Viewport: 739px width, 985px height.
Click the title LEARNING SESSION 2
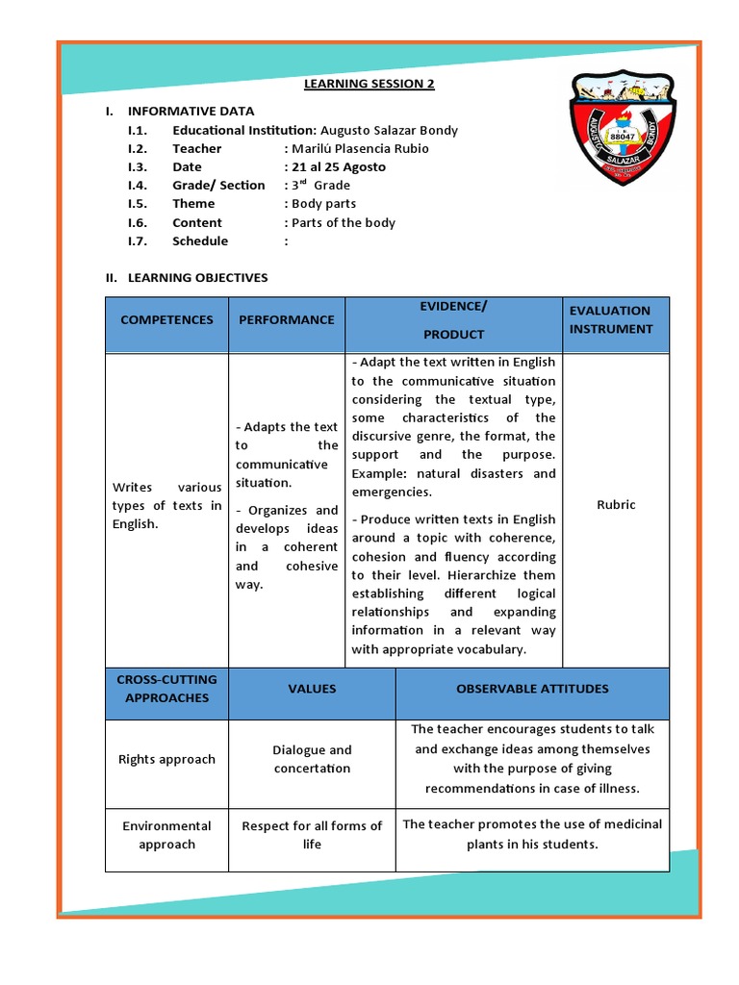pos(369,84)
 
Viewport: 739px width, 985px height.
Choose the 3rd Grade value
pos(320,185)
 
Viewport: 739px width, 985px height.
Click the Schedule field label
pos(200,240)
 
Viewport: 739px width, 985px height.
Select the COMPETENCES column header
pos(166,319)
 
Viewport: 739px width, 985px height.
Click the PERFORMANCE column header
pos(287,319)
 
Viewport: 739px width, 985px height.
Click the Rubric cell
pos(616,505)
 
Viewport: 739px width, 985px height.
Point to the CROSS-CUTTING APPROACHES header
pos(166,689)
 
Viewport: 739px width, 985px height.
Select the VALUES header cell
pos(312,689)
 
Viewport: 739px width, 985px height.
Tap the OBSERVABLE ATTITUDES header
pos(532,689)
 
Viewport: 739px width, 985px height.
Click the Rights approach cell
pos(166,759)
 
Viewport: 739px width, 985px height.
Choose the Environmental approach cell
pos(166,835)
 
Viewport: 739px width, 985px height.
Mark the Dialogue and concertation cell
pos(312,759)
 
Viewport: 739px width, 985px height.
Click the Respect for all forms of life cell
pos(312,835)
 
